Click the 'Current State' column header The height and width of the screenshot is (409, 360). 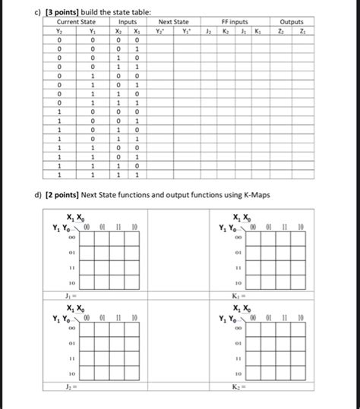76,23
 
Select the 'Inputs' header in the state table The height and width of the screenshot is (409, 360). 128,23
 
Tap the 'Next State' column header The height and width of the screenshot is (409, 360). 173,23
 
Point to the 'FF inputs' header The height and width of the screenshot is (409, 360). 234,23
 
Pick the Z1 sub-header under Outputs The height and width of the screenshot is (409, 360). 303,32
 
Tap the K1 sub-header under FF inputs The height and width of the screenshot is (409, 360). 258,32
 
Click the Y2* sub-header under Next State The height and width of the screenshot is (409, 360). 159,32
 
